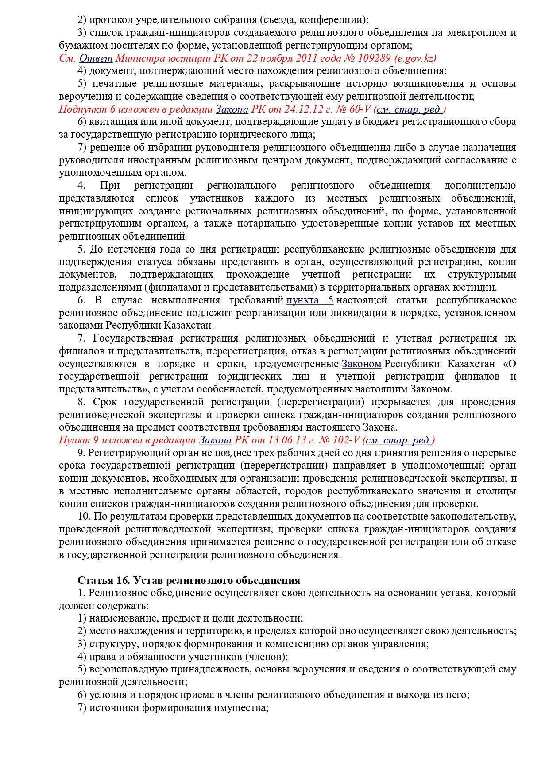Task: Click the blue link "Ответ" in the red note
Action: pos(96,58)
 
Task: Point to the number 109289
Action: pos(375,58)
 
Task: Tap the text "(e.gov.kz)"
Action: pos(415,58)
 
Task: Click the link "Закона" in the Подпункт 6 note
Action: pos(232,109)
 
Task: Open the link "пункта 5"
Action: pos(309,300)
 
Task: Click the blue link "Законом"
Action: pos(361,364)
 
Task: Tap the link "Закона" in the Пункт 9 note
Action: pos(215,440)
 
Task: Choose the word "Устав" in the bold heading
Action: pos(147,580)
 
